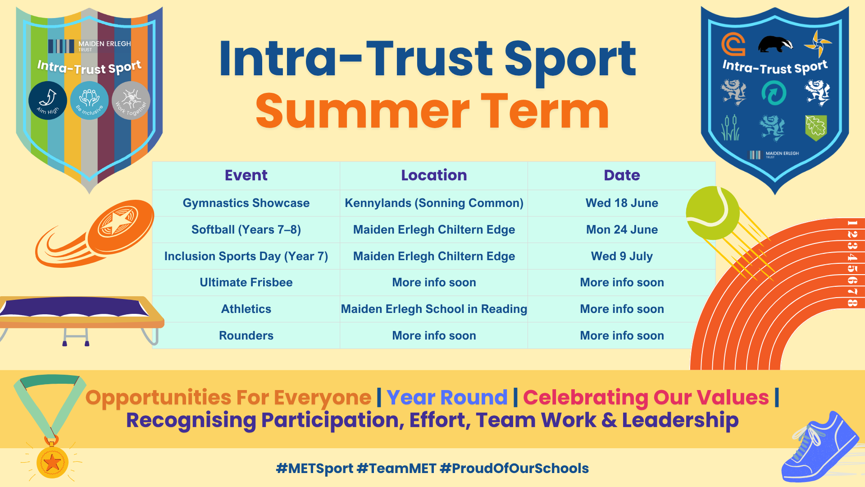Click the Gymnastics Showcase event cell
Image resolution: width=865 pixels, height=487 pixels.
coord(246,203)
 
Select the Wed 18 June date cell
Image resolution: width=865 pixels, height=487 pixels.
coord(622,203)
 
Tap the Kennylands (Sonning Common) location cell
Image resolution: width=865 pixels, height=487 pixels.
coord(434,203)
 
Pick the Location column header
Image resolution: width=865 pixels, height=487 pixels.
coord(434,175)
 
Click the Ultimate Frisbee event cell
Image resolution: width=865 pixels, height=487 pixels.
coord(246,282)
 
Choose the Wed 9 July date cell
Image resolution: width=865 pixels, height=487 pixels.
coord(622,256)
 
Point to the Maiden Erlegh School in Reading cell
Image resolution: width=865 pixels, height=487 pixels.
coord(434,309)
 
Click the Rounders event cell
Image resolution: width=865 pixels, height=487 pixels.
coord(246,335)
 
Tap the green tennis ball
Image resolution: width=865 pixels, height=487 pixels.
coord(713,213)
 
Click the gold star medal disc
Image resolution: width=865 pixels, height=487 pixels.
coord(52,462)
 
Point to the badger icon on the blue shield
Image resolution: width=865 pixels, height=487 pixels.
coord(776,44)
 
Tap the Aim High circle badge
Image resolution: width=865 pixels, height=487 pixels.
coord(48,101)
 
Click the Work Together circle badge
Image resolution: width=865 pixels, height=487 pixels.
coord(131,101)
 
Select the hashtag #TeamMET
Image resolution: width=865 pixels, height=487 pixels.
coord(396,468)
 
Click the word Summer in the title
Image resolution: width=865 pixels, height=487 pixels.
coord(363,111)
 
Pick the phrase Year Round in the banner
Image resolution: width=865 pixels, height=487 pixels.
coord(447,397)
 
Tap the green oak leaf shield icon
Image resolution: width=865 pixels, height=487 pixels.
coord(816,128)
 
